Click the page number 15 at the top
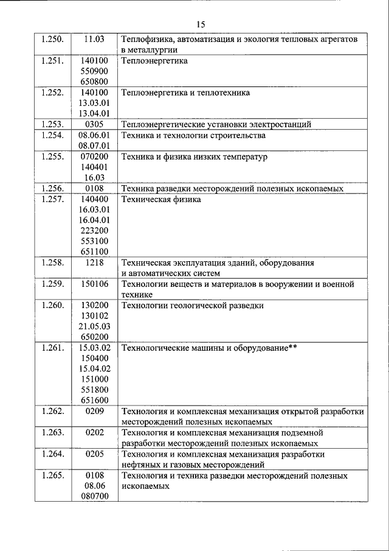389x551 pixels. [202, 24]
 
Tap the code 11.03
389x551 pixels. [94, 39]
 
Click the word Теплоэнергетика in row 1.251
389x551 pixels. [154, 61]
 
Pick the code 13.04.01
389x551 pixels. [94, 113]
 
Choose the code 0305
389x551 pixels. [94, 124]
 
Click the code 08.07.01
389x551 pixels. [94, 146]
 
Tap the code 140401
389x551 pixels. [94, 167]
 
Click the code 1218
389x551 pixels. [94, 263]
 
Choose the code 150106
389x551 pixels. [94, 284]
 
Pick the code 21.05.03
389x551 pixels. [94, 326]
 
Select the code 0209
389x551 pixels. [94, 412]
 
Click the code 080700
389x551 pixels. [94, 497]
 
